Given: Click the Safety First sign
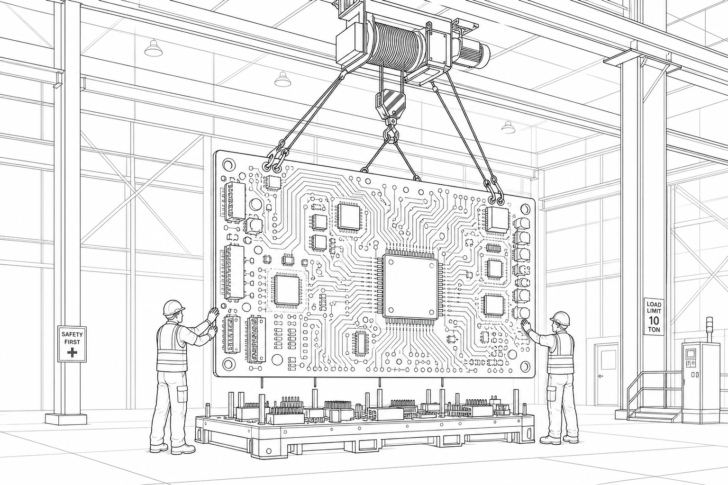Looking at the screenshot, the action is point(72,344).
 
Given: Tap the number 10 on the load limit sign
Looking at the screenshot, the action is point(654,321).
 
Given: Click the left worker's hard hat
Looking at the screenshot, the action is point(173,307).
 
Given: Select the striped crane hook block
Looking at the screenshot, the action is point(390,102).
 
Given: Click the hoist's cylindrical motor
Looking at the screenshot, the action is point(473,54).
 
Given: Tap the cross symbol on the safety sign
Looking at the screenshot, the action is point(72,353).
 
